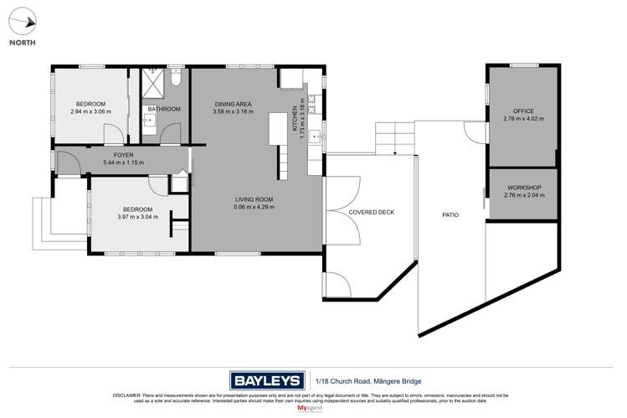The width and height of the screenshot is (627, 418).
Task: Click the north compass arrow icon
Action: pos(25,23)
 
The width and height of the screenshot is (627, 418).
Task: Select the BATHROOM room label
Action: pos(164,109)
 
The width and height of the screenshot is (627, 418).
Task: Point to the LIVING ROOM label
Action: pos(254,199)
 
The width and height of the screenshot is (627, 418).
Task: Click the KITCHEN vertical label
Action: pos(295,118)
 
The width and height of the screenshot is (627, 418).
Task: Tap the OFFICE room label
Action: pos(523,111)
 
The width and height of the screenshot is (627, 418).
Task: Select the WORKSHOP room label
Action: pos(524,188)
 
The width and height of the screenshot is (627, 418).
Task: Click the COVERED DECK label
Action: pos(371,212)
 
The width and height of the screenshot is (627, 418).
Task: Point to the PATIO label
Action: pos(450,214)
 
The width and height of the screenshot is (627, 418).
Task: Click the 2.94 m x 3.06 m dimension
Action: pos(91,112)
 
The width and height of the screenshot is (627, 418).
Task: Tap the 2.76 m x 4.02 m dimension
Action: pos(523,119)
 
